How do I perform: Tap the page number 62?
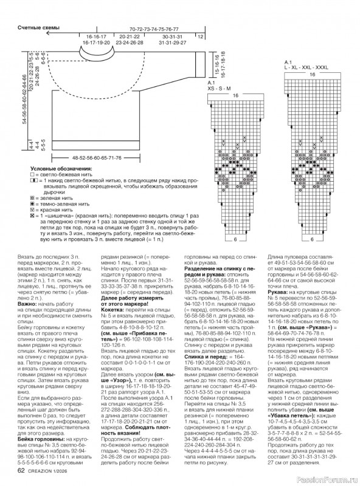[x=21, y=470]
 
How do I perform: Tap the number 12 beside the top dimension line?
[x=200, y=36]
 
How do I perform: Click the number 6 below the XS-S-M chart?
[x=234, y=239]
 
